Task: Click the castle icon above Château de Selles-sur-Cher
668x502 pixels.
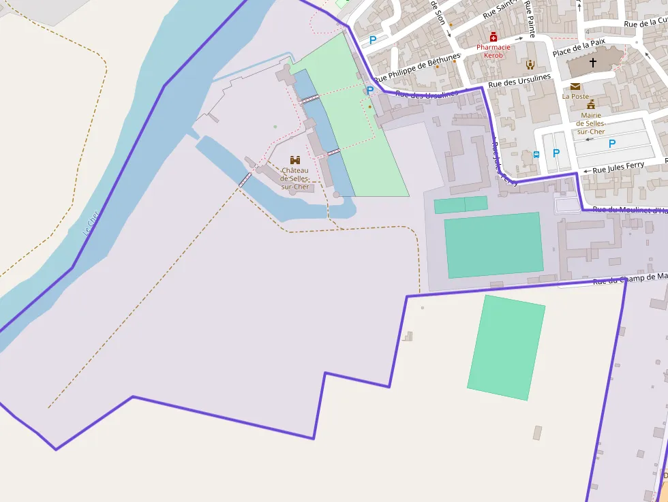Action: pos(295,159)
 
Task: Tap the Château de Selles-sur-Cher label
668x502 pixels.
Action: pos(295,178)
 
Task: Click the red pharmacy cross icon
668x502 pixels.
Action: pos(494,37)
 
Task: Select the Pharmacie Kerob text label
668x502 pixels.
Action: pos(494,51)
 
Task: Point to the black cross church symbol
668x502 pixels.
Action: pos(592,63)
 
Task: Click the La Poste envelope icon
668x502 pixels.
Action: pos(575,87)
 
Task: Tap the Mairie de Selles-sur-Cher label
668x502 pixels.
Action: pos(591,123)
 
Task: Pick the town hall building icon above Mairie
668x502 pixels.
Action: pos(591,104)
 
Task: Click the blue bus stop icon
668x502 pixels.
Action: pos(536,155)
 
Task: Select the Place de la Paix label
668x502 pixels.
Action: pos(579,47)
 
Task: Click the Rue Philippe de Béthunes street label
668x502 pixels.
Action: pos(417,67)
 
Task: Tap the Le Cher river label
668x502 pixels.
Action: pos(90,223)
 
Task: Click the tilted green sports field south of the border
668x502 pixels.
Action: pos(506,347)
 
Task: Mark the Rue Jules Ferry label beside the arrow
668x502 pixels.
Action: pos(618,167)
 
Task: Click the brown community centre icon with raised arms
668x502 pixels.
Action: pos(530,65)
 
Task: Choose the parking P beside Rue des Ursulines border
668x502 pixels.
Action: pos(370,90)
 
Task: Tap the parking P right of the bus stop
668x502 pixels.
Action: pos(556,153)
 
